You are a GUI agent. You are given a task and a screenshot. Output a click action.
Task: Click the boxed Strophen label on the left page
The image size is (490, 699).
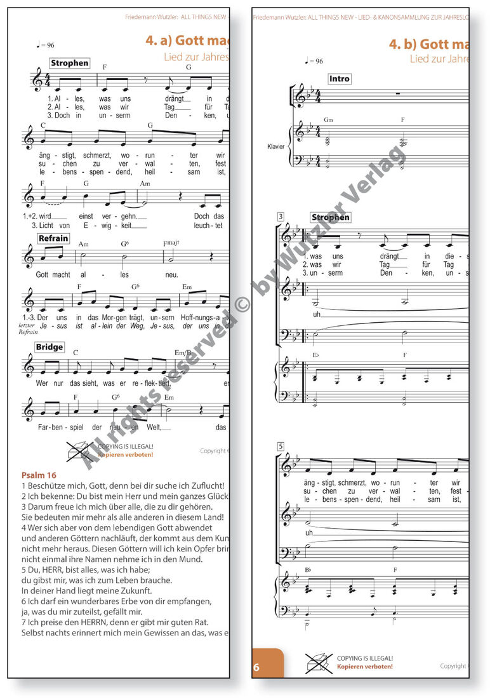[69, 63]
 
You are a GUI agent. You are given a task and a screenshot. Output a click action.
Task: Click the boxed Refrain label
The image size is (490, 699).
[53, 238]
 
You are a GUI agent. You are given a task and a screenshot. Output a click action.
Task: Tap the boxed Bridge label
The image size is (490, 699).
[50, 347]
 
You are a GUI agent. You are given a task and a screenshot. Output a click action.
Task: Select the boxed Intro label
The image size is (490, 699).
[339, 79]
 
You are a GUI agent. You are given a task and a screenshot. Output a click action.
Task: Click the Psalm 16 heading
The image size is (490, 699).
[39, 475]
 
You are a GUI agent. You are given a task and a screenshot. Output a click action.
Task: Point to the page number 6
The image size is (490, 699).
[257, 667]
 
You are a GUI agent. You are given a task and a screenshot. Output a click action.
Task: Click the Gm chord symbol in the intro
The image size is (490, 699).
[328, 119]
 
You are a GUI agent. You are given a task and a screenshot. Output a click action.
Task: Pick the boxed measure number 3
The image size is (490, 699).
[280, 217]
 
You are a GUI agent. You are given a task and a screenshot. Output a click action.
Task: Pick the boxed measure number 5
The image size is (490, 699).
[280, 447]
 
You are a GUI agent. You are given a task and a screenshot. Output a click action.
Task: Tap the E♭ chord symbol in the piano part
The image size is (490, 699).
[316, 356]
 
